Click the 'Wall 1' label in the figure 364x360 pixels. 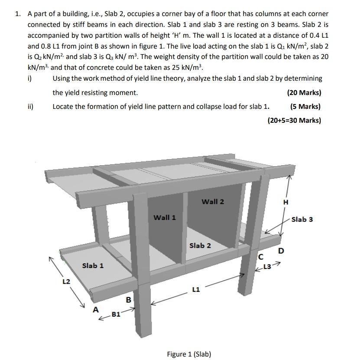coord(165,217)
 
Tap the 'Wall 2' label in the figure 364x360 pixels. coord(213,201)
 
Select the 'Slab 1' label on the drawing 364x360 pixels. coord(93,265)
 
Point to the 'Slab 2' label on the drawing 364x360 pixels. coord(200,245)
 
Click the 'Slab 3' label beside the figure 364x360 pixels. coord(302,219)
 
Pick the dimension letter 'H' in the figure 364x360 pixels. coord(285,202)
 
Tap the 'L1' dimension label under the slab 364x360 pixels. coord(196,289)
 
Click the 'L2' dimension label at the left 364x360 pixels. coord(66,281)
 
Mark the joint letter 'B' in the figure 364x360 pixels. coord(128,299)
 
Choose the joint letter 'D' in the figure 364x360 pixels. coord(281,251)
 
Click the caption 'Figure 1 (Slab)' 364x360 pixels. coord(189,354)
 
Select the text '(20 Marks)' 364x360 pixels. coord(304,92)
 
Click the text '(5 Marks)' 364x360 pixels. coord(305,106)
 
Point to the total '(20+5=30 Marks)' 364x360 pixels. coord(294,120)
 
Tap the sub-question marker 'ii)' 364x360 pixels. coord(31,106)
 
